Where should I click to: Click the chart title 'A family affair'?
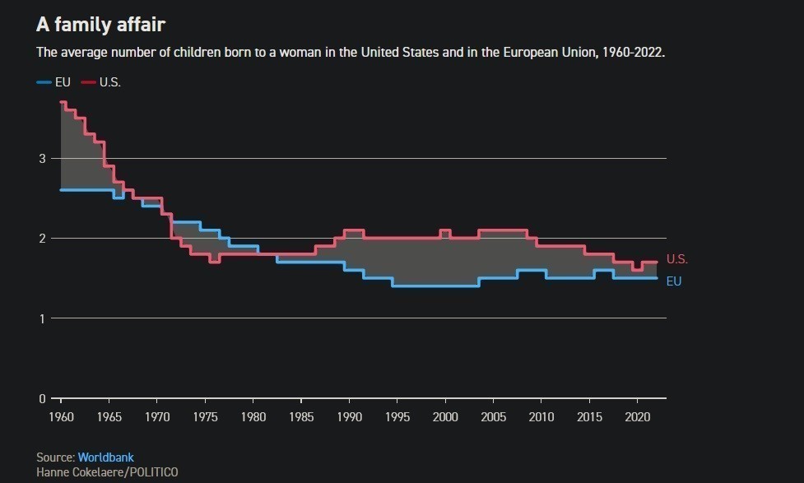(100, 25)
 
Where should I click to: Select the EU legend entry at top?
(63, 82)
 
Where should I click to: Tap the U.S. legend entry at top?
(109, 82)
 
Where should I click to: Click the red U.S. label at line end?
(676, 259)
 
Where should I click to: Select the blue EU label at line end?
(673, 281)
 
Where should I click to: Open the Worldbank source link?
(105, 457)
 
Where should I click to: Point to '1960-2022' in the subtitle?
(635, 52)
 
